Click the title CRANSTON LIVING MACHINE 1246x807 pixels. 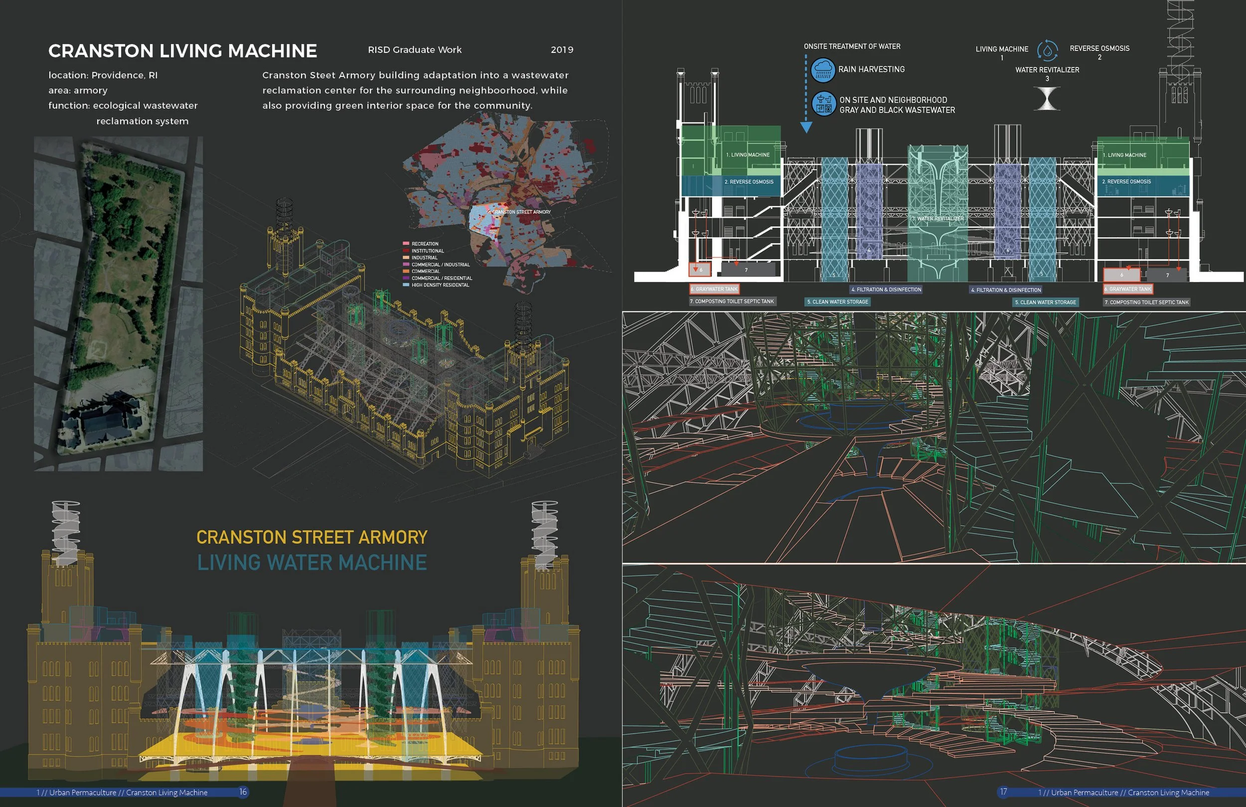pyautogui.click(x=183, y=51)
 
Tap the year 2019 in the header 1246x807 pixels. pyautogui.click(x=562, y=50)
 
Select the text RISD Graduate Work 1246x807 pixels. pyautogui.click(x=415, y=50)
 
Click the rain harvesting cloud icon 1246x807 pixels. pyautogui.click(x=822, y=70)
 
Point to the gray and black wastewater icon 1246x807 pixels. pyautogui.click(x=823, y=104)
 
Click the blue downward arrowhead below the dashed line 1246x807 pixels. pyautogui.click(x=806, y=127)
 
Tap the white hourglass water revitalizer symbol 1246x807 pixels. pyautogui.click(x=1047, y=99)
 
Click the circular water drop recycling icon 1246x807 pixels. pyautogui.click(x=1048, y=50)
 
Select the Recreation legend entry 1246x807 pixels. pyautogui.click(x=425, y=244)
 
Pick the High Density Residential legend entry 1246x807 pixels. pyautogui.click(x=440, y=285)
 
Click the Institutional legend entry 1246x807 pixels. pyautogui.click(x=427, y=251)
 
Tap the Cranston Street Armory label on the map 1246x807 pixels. pyautogui.click(x=521, y=212)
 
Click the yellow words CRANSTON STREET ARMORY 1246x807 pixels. pyautogui.click(x=312, y=538)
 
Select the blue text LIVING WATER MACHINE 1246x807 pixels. pyautogui.click(x=312, y=563)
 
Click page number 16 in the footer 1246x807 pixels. pyautogui.click(x=243, y=792)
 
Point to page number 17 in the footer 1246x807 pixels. pyautogui.click(x=1003, y=792)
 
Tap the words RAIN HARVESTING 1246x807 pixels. pyautogui.click(x=871, y=69)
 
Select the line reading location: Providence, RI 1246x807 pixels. pyautogui.click(x=103, y=75)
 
